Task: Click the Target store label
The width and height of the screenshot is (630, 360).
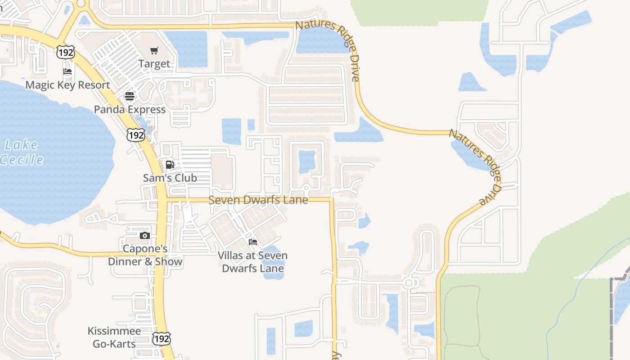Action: tap(154, 64)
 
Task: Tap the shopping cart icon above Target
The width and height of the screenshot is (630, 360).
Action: tap(154, 50)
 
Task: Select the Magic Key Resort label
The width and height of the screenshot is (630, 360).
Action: tap(67, 85)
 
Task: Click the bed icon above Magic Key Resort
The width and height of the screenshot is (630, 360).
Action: tap(67, 72)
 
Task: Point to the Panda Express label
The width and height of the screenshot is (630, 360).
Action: tap(130, 109)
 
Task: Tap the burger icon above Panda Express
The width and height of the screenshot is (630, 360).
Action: tap(130, 96)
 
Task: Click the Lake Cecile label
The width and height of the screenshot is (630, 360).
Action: tap(22, 152)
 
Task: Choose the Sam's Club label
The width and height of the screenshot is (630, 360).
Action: tap(170, 178)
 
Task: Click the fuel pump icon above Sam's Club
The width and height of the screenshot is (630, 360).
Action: tap(170, 165)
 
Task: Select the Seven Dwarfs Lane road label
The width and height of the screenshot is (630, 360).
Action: tap(258, 200)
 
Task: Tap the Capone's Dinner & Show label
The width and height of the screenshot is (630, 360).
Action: tap(145, 255)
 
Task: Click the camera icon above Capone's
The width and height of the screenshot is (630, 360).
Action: tap(144, 236)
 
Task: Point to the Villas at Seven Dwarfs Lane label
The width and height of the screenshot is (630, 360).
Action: tap(252, 262)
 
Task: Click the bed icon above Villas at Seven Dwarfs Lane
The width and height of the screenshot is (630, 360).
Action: tap(253, 242)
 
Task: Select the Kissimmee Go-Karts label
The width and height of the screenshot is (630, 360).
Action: tap(114, 337)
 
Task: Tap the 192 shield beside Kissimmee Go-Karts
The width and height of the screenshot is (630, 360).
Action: tap(161, 338)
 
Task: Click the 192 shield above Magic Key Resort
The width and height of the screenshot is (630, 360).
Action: tap(65, 53)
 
